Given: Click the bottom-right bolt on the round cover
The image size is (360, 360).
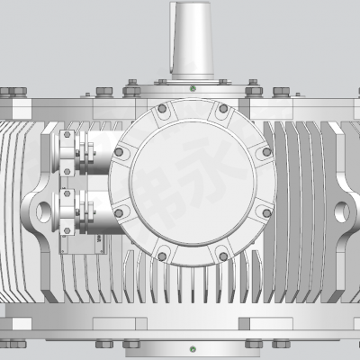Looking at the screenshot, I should click(x=224, y=253).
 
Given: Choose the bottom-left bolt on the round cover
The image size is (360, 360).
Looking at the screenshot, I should click(x=162, y=253).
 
